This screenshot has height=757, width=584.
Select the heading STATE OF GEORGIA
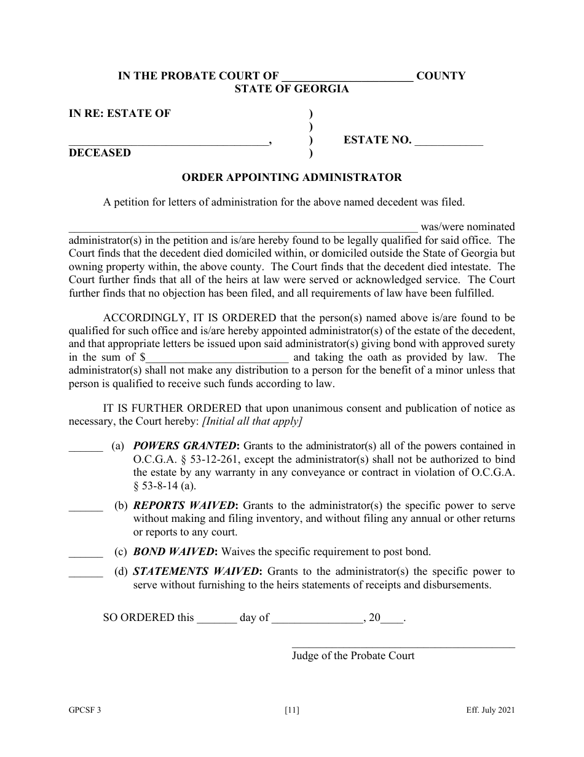click(x=291, y=89)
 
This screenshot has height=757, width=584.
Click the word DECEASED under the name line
click(x=100, y=153)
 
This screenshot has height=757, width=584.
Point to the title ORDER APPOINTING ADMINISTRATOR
click(x=291, y=178)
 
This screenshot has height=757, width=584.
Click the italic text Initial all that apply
click(x=261, y=422)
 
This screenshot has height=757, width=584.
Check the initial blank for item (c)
click(x=85, y=553)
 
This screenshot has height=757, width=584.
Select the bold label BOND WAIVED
click(x=174, y=552)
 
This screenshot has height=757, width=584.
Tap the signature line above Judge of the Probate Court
click(x=403, y=646)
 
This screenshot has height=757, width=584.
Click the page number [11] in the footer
click(x=292, y=711)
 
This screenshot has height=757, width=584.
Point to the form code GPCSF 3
click(x=85, y=711)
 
